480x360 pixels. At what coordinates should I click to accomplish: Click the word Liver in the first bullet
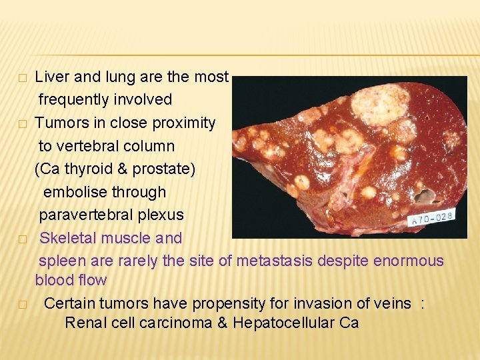click(x=52, y=77)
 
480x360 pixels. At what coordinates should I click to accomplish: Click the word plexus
click(x=161, y=215)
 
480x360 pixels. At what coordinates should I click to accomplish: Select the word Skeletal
click(x=69, y=238)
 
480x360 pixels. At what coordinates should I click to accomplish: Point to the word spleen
click(x=61, y=261)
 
